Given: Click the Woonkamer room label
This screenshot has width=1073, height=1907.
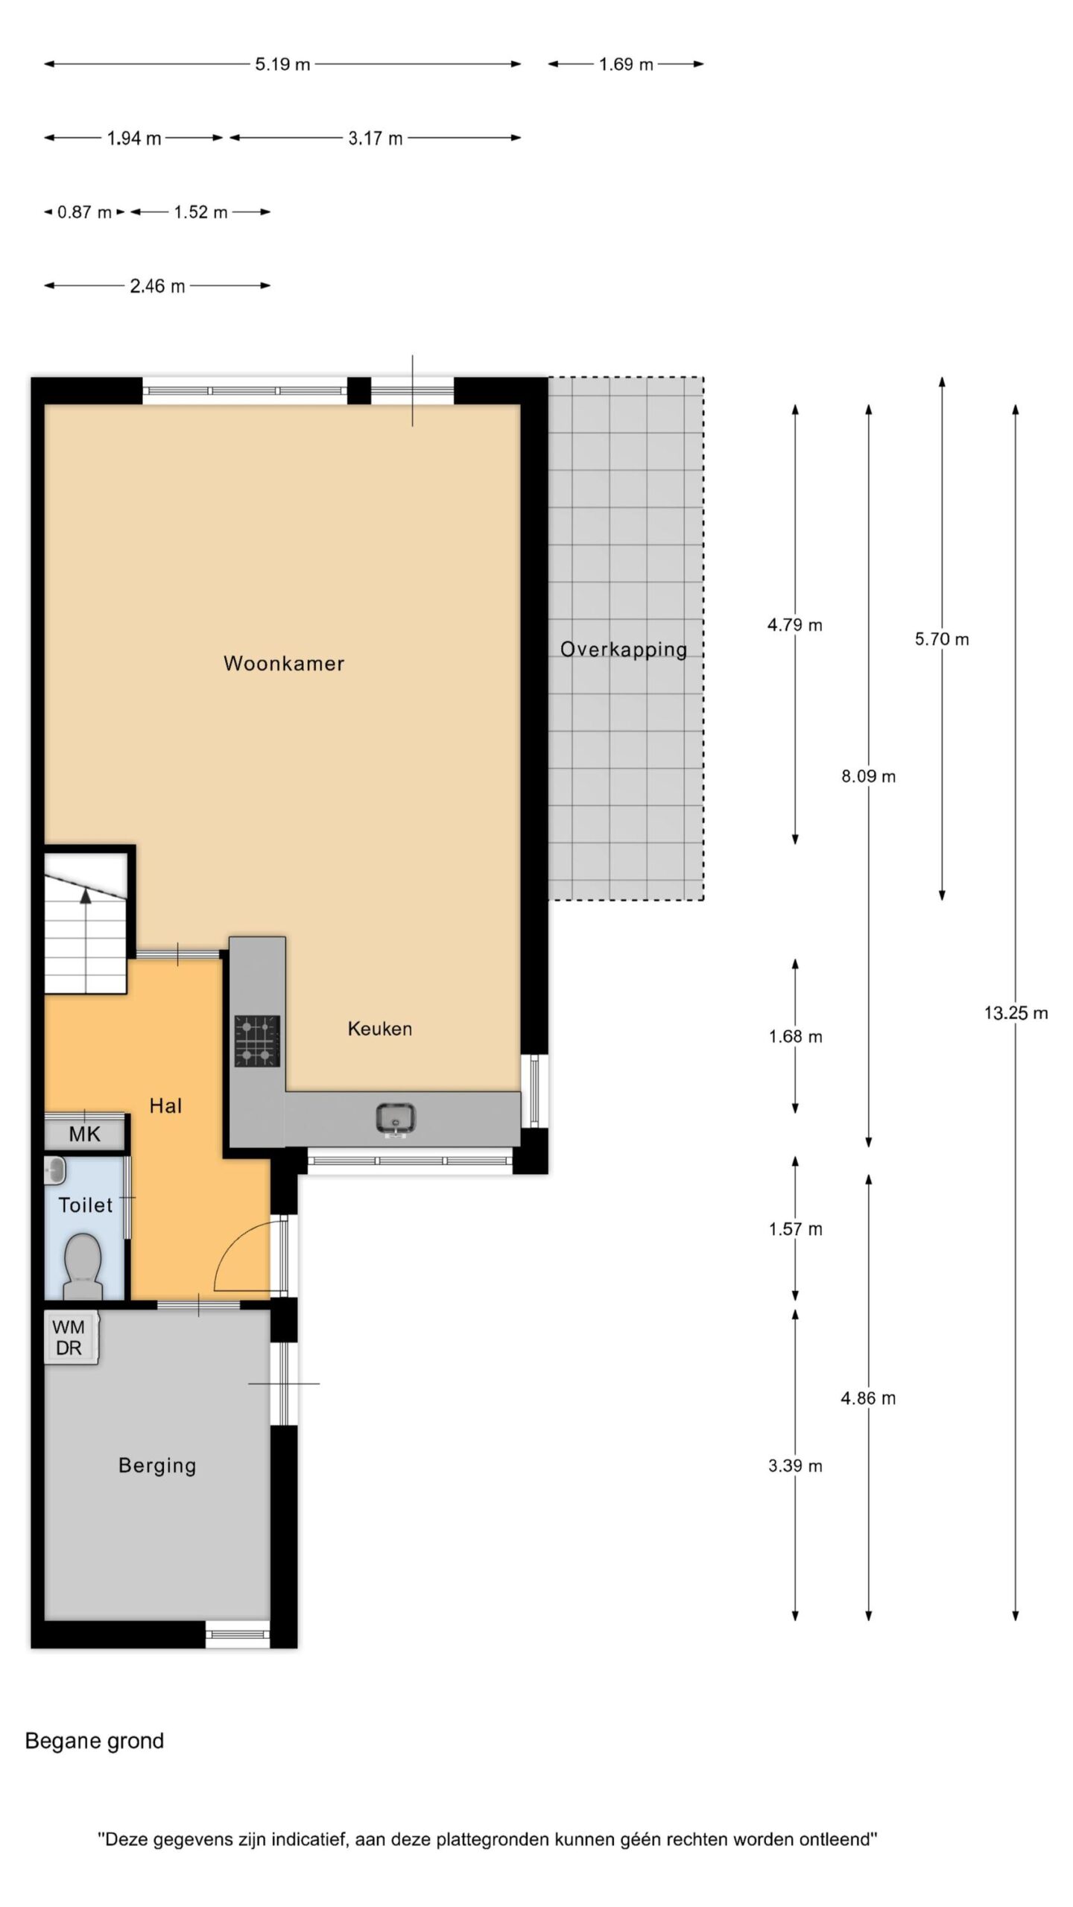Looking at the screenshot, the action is click(284, 663).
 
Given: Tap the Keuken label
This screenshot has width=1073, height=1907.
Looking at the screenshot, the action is click(380, 1029).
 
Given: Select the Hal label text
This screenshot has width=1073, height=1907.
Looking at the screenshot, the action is click(165, 1105).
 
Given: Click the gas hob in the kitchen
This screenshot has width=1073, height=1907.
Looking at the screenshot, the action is click(257, 1041).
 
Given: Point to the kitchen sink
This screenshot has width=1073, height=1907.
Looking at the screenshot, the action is click(396, 1119).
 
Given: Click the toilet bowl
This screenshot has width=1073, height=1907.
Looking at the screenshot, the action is click(83, 1257).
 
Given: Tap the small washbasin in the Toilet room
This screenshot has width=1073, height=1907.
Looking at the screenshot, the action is click(55, 1170).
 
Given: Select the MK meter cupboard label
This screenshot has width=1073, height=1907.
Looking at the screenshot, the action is click(84, 1134).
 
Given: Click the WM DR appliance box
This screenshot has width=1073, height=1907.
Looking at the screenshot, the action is click(71, 1337).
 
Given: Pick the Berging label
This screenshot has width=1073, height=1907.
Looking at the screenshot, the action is click(157, 1465).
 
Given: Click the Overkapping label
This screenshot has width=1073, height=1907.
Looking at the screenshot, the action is click(624, 650).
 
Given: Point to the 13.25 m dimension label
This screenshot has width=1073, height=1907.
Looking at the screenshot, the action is click(1016, 1012).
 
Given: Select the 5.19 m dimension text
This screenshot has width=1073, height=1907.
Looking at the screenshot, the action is click(282, 64).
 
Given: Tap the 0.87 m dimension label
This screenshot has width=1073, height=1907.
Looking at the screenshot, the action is click(84, 212).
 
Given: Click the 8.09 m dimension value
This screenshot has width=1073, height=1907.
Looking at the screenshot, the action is click(868, 776).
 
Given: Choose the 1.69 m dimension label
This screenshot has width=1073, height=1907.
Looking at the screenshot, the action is click(626, 64).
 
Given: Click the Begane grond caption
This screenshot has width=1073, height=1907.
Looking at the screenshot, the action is click(95, 1741).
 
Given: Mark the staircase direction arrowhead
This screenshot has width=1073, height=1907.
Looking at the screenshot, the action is click(86, 896).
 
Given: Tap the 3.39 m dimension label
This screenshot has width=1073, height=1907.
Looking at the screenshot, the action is click(795, 1466).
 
